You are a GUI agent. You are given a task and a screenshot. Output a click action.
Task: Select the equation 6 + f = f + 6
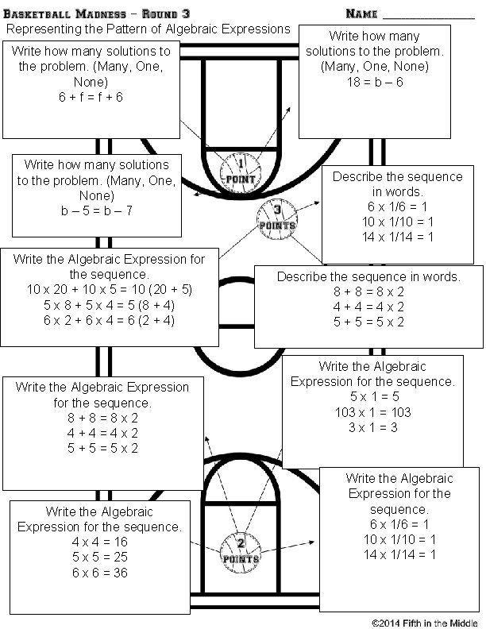[90, 97]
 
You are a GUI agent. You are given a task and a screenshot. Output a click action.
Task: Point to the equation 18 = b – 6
[375, 82]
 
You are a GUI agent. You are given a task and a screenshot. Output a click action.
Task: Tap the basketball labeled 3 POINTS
[276, 216]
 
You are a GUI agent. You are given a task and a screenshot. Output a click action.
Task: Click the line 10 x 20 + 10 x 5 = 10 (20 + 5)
[109, 289]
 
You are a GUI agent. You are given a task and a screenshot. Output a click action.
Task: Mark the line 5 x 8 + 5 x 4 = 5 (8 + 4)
[109, 304]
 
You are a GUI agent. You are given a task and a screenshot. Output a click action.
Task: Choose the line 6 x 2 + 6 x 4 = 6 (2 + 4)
[109, 319]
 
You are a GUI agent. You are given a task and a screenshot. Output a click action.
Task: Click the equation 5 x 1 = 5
[372, 397]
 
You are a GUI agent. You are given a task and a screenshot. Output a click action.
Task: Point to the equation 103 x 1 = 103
[372, 412]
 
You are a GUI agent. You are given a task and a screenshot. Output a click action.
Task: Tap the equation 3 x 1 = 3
[372, 427]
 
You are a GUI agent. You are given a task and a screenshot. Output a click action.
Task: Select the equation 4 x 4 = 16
[99, 542]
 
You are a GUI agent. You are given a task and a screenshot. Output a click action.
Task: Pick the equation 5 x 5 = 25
[99, 558]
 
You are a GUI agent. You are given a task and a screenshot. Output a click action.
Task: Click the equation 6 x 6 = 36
[99, 573]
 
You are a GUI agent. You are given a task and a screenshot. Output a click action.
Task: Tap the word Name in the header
[362, 14]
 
